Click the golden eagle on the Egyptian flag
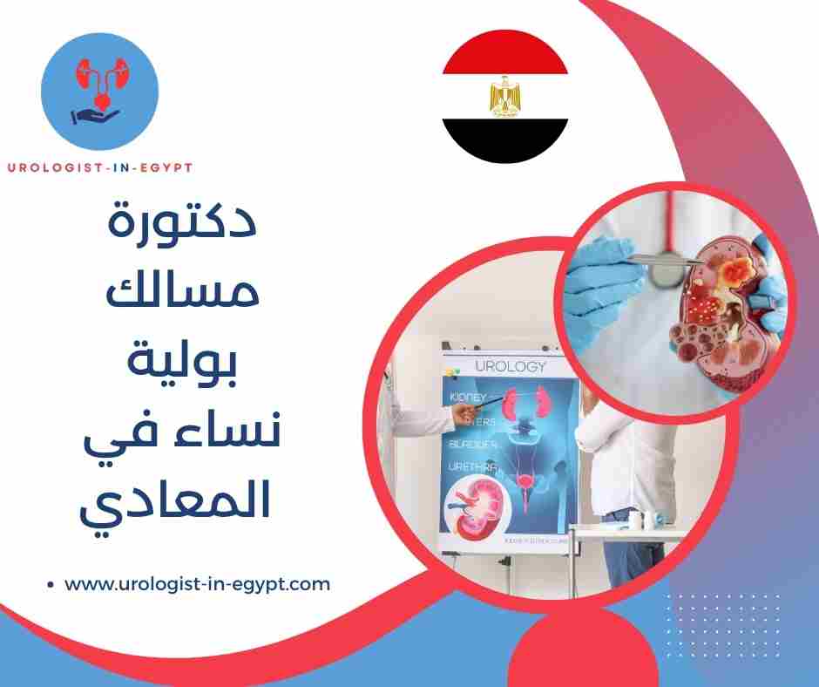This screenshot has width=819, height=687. [x=504, y=97]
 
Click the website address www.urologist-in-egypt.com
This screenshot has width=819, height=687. [x=198, y=583]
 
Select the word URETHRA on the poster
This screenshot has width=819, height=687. [x=474, y=466]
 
